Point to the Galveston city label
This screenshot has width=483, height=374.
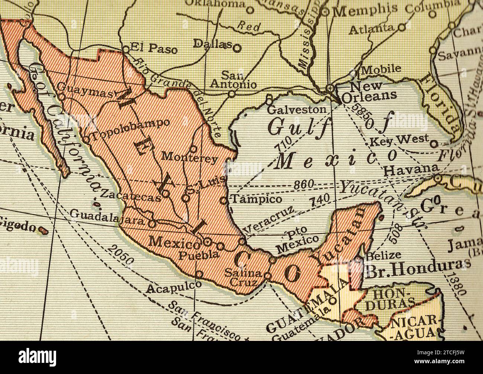point(296,110)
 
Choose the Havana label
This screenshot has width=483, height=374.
point(411,170)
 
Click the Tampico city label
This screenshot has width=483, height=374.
point(256,199)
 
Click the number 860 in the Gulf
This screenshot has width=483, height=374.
point(304,185)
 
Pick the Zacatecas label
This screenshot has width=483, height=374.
point(131,196)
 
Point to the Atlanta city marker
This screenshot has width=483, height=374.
point(401,27)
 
